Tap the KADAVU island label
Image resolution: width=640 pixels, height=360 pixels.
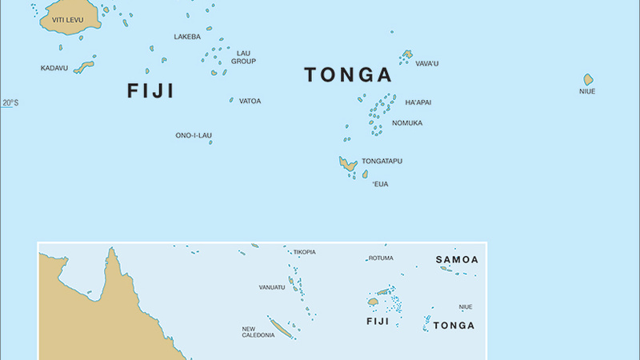[54, 68]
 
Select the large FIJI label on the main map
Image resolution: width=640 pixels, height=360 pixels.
[150, 90]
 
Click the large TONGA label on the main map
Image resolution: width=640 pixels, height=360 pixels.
[348, 75]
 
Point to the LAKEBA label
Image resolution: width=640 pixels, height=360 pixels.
[187, 37]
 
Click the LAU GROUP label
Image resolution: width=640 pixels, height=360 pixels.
[243, 57]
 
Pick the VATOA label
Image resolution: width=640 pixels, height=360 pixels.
[250, 101]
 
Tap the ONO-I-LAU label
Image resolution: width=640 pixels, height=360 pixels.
[193, 135]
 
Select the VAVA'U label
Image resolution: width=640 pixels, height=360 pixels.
[426, 63]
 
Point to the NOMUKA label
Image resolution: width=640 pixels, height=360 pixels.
[407, 122]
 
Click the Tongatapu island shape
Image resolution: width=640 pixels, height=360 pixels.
[347, 164]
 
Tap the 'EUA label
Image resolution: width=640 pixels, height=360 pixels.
[380, 184]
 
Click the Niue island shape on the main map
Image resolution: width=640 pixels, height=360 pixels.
[588, 79]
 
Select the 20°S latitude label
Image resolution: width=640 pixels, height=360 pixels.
[9, 102]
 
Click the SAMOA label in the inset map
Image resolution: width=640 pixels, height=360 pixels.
[457, 260]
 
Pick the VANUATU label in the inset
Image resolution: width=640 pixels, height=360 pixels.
[271, 286]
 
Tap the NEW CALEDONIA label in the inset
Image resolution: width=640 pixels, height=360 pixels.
[258, 331]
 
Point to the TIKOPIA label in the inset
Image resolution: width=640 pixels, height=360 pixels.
[304, 252]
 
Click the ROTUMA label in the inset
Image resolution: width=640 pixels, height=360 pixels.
[381, 258]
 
